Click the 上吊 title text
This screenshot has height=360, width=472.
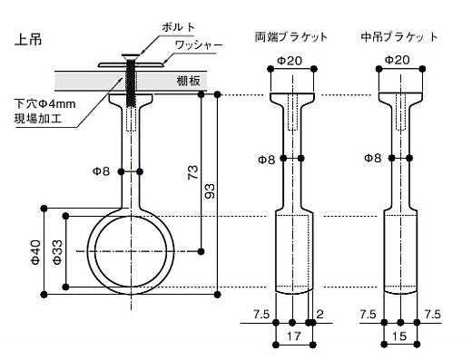coord(28,40)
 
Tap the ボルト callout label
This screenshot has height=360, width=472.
coord(179,27)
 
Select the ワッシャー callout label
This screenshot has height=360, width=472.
coord(199,45)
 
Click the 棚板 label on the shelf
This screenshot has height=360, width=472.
coord(189,81)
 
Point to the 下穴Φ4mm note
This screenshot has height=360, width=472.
coord(44,104)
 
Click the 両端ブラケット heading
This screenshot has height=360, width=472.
coord(291,37)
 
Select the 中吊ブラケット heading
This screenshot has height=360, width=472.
coord(399,37)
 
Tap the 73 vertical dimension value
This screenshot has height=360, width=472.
coord(192,172)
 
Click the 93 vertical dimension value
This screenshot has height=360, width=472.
coord(210,190)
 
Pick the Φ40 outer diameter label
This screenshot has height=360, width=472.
coord(35,252)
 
